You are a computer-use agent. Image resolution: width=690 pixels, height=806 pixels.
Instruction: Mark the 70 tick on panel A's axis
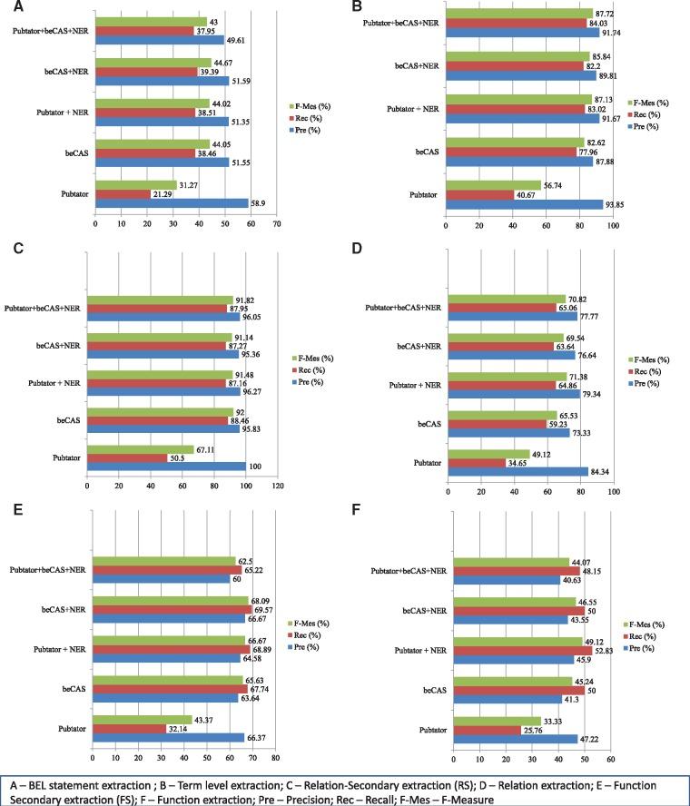(x=277, y=222)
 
